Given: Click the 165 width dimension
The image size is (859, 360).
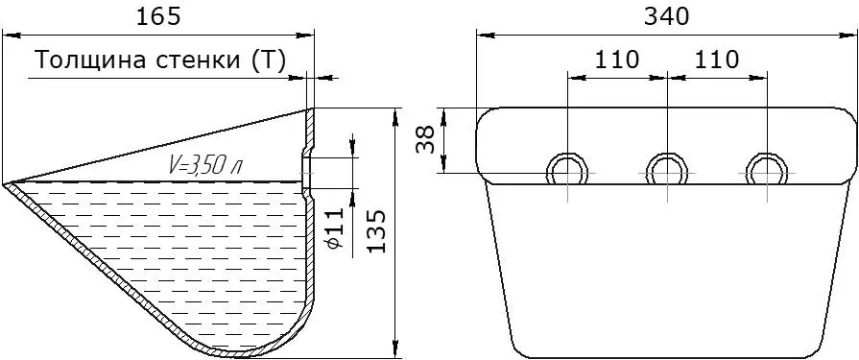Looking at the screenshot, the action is click(157, 17).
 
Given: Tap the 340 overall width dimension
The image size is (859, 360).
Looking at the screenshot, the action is click(666, 17).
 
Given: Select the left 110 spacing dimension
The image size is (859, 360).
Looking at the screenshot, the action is click(617, 60).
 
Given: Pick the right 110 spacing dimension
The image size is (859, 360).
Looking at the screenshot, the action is click(717, 60).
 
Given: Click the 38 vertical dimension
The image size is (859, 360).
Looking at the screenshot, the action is click(426, 140).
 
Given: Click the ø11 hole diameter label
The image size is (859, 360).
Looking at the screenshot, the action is click(335, 228).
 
